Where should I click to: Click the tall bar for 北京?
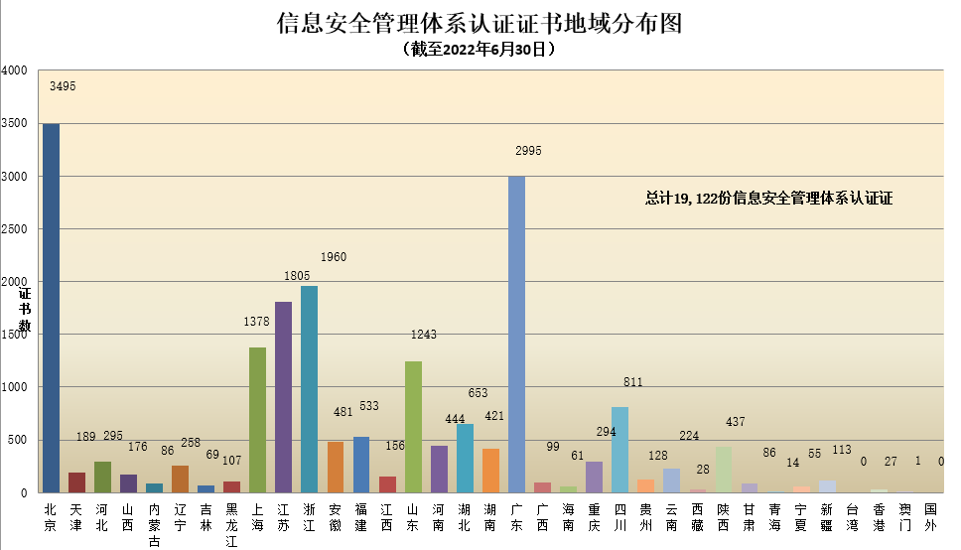tap(51, 308)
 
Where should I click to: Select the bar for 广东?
tap(516, 334)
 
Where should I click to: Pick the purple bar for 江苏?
tap(283, 397)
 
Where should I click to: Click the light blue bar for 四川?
tap(619, 449)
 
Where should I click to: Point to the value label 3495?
tap(63, 86)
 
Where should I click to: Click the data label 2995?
tap(528, 151)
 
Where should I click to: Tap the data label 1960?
tap(334, 257)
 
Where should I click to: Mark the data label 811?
tap(631, 382)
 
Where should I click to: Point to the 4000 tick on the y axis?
tap(15, 71)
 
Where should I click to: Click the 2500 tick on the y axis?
tap(15, 229)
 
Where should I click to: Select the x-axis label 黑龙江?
tap(231, 524)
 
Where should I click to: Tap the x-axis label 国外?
tap(930, 517)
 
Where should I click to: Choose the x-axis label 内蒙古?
tap(154, 524)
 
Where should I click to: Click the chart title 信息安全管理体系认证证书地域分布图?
tap(480, 24)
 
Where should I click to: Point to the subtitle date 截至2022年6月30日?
tap(480, 48)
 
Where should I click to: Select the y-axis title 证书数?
tap(25, 310)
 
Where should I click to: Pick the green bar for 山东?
tap(413, 426)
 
